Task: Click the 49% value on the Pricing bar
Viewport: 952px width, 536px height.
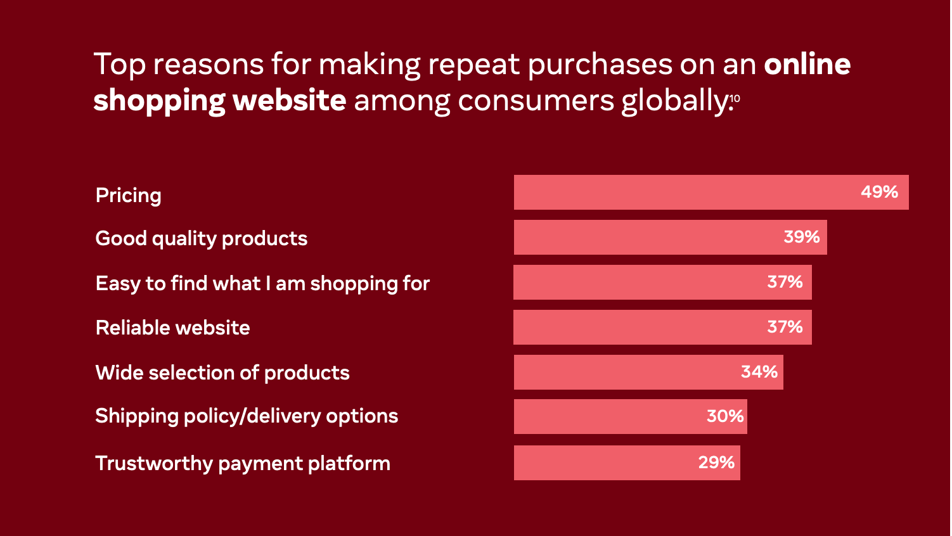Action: (x=879, y=192)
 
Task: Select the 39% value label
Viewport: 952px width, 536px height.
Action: (x=802, y=237)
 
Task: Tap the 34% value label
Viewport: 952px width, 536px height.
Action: (x=759, y=372)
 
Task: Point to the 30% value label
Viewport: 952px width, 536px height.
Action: (x=725, y=416)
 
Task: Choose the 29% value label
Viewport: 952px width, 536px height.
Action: (x=716, y=463)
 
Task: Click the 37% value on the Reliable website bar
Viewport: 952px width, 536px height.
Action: (x=785, y=327)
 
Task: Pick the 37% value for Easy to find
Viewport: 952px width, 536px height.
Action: (x=785, y=282)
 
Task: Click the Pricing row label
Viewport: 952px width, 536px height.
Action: (x=129, y=196)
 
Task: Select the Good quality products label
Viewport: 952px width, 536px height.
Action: (x=201, y=239)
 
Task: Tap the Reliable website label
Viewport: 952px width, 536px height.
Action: (x=172, y=328)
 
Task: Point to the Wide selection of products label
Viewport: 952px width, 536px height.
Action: (x=222, y=373)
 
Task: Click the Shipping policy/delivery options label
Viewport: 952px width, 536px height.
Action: (x=247, y=416)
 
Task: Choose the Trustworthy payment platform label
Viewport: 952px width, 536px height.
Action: (x=243, y=463)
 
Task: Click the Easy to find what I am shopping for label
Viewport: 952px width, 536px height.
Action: (x=262, y=283)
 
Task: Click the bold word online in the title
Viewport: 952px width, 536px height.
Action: (x=807, y=64)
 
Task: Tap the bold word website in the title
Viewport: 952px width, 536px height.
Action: (x=289, y=100)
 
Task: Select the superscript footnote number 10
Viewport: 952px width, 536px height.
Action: (x=735, y=99)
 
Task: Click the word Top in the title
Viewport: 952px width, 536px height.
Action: (x=119, y=65)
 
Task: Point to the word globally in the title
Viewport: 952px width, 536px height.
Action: (x=675, y=101)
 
